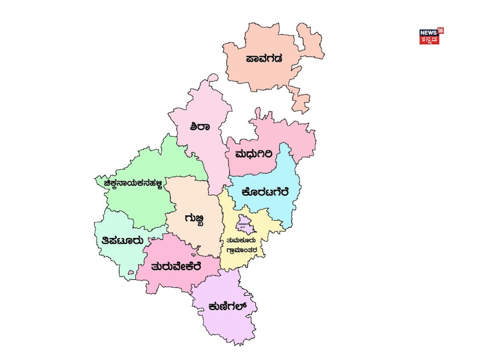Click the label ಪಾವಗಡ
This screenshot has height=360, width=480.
[264, 58]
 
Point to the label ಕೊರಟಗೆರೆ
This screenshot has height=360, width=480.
[264, 192]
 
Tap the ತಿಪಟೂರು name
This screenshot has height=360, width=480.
[119, 240]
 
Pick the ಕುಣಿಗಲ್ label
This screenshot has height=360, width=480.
[223, 307]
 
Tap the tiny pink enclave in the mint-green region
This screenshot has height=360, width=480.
[131, 271]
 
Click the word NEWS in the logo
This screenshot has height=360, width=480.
[428, 33]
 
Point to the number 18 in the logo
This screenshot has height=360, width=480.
[441, 30]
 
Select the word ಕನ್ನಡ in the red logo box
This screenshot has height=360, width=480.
[430, 40]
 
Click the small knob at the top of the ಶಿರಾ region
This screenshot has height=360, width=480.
[213, 78]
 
